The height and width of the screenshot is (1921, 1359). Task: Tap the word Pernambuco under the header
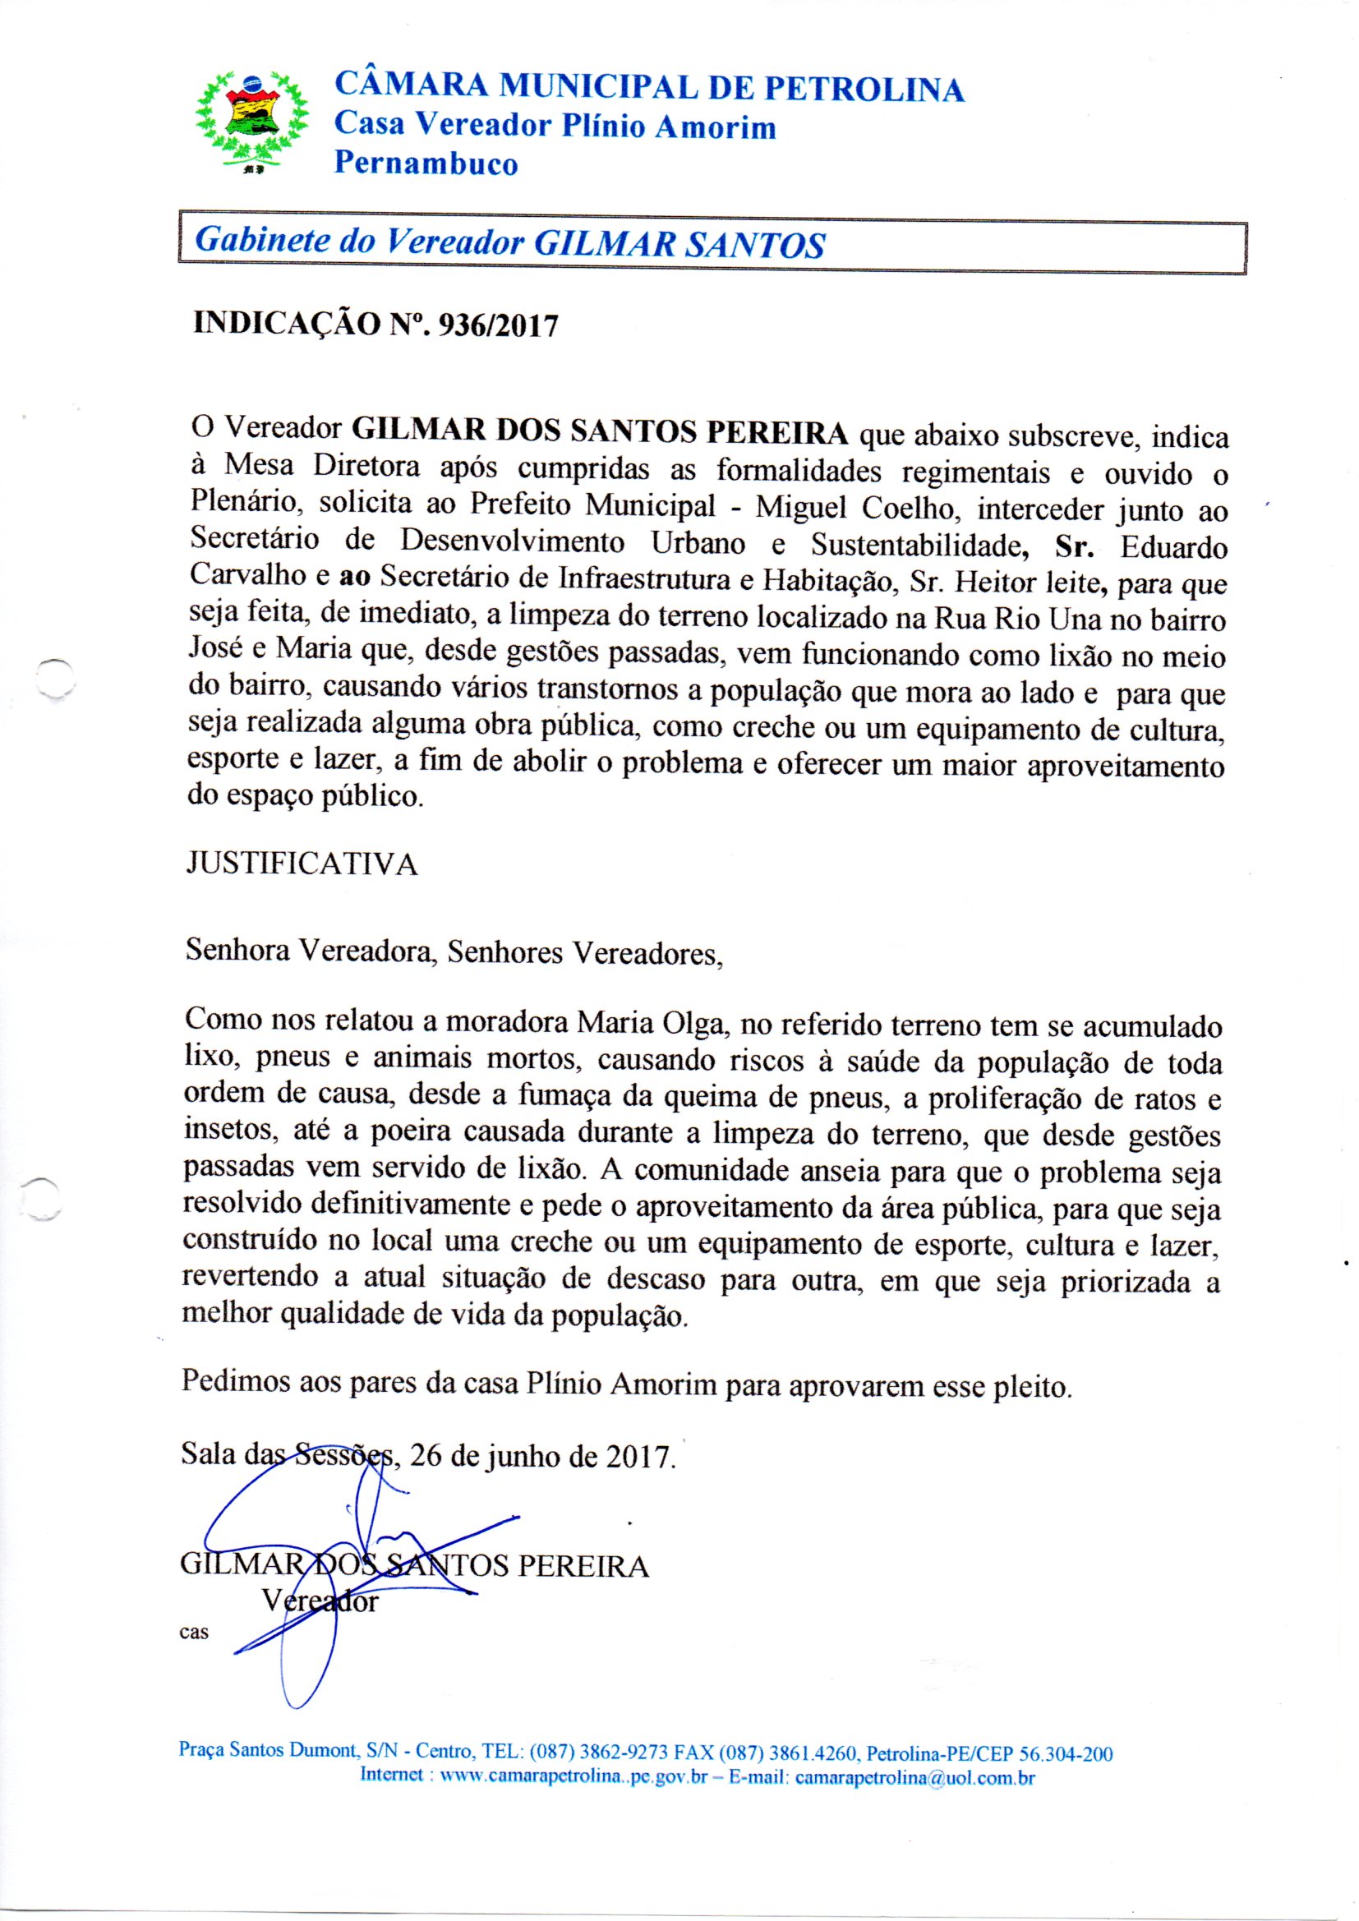426,164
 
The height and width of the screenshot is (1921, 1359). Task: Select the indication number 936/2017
493,325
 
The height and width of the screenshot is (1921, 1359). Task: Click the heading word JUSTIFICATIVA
302,864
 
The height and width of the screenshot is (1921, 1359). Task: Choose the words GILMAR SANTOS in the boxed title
679,244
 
